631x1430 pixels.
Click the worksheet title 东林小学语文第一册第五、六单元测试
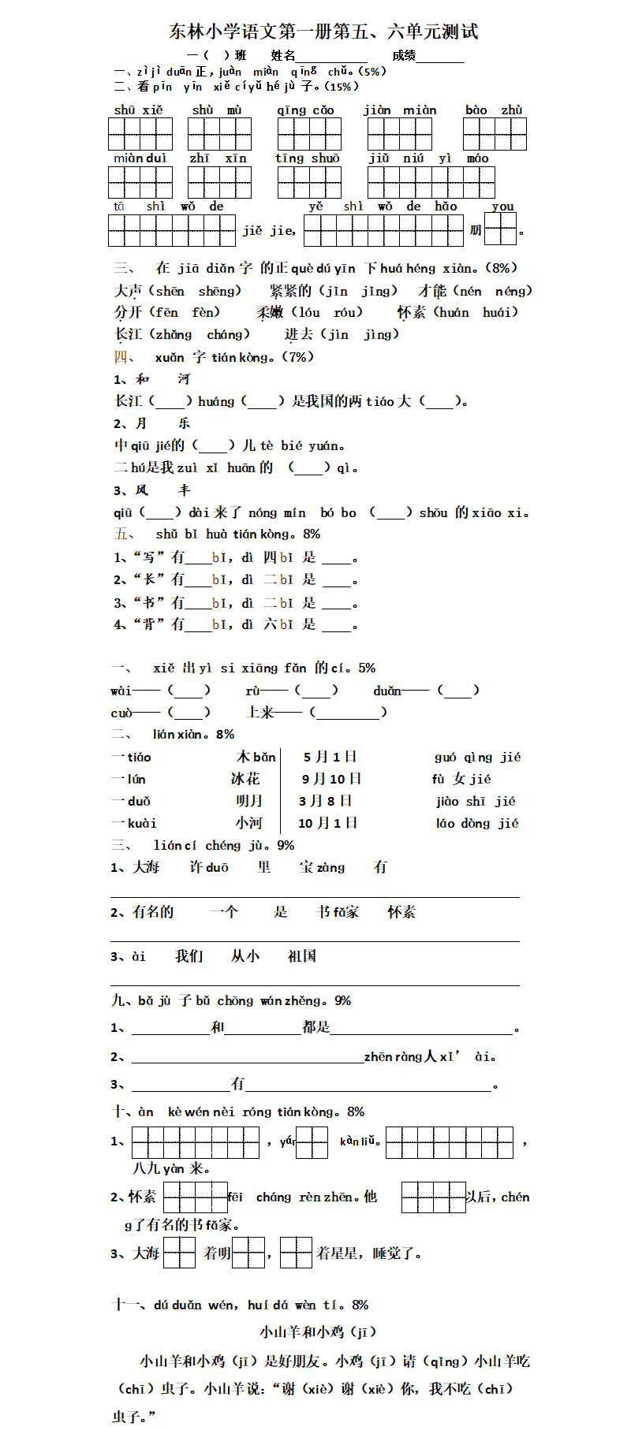pos(323,32)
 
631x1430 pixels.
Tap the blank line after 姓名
pos(331,58)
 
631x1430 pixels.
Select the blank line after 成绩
pos(440,58)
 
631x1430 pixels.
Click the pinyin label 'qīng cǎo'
pos(305,110)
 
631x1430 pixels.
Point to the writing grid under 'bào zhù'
pos(495,134)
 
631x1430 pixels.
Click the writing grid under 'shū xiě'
pos(140,134)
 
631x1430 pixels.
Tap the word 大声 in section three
pos(129,291)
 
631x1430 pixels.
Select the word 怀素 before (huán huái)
pos(411,312)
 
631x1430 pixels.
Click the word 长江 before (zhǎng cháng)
pos(129,334)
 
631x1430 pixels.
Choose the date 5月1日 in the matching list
pos(330,757)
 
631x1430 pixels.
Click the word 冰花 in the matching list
pos(245,779)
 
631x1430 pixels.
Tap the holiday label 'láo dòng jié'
pos(476,823)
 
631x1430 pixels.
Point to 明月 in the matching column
pos(248,801)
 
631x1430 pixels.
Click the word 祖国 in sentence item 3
pos(302,956)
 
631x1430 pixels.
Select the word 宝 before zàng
pos(306,867)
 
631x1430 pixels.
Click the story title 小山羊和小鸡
pos(304,1332)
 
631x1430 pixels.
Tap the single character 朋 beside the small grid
pos(475,230)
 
